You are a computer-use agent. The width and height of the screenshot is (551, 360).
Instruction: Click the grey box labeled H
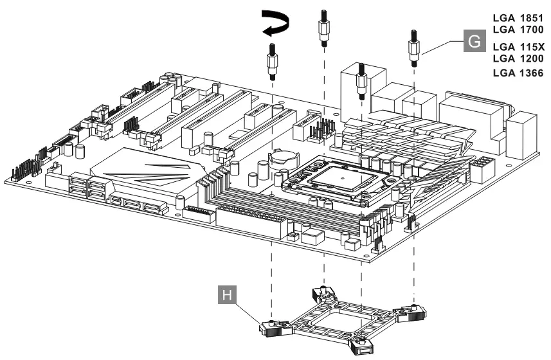(x=232, y=297)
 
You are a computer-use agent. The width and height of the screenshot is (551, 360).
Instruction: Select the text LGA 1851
(x=518, y=19)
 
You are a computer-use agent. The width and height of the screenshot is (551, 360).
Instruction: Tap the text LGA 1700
(x=518, y=30)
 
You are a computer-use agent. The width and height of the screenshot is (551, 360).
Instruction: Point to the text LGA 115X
(x=518, y=47)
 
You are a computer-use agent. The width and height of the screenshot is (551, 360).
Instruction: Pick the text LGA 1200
(x=518, y=59)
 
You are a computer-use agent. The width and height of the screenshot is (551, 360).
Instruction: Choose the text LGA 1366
(x=518, y=73)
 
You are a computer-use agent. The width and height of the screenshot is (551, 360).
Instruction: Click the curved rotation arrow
(x=274, y=24)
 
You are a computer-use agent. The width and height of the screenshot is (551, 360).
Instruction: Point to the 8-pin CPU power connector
(x=481, y=170)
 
